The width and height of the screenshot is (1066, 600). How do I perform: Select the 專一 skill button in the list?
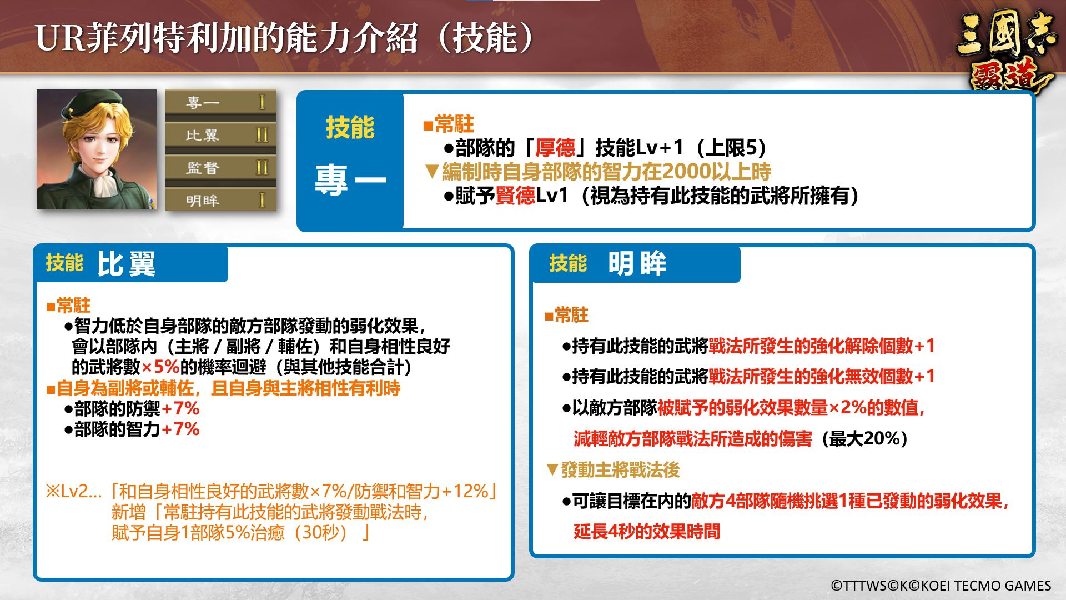[x=220, y=103]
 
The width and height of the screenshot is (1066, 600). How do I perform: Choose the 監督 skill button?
[x=220, y=168]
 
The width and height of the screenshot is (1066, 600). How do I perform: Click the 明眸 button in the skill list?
[x=220, y=200]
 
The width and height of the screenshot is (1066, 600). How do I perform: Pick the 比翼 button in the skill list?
[x=220, y=135]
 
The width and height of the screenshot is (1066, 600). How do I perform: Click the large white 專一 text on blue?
[x=350, y=180]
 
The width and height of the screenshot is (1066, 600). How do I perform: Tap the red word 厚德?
[x=555, y=148]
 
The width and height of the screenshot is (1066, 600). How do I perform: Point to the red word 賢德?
[x=515, y=196]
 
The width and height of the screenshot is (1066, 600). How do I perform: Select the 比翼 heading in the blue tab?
[x=127, y=264]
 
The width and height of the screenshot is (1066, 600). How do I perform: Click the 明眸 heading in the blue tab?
[x=637, y=263]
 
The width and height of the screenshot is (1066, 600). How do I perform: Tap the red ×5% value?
[x=160, y=367]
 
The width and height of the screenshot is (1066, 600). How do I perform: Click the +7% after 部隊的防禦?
[x=180, y=408]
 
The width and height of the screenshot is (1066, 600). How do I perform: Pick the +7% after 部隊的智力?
[x=180, y=429]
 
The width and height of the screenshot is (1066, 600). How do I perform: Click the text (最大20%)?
[x=864, y=439]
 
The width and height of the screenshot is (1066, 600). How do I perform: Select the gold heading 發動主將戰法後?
[x=620, y=470]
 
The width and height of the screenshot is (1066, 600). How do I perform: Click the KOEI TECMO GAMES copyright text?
[x=941, y=586]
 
